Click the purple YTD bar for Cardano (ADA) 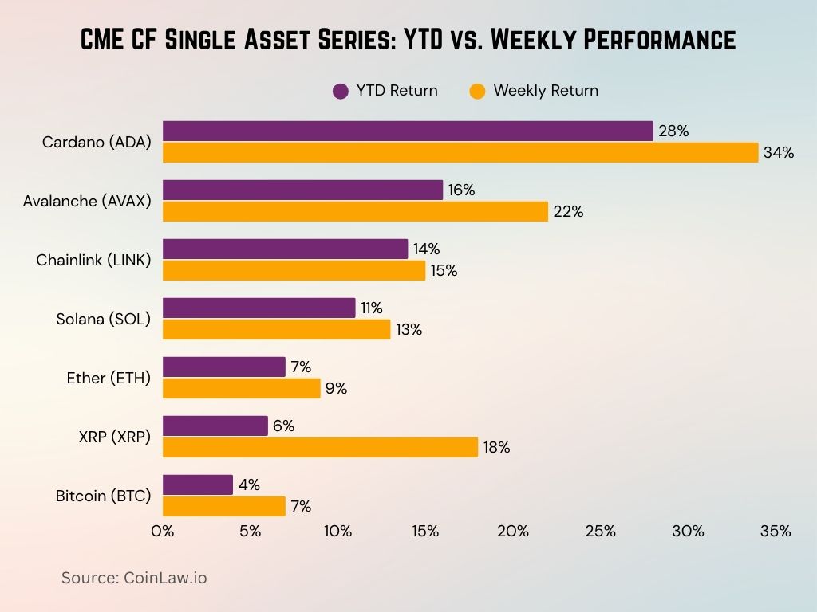pos(408,131)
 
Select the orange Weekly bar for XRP pos(320,447)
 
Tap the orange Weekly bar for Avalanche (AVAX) pos(355,211)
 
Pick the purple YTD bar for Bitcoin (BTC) pos(198,484)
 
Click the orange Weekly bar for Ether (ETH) pos(242,388)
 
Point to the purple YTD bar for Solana pos(259,308)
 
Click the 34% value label pos(778,153)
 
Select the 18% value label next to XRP pos(497,448)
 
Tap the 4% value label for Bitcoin pos(249,484)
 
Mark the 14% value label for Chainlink pos(427,249)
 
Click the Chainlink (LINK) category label pos(93,260)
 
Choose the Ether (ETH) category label pos(109,378)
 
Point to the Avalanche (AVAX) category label pos(87,201)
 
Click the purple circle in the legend pos(341,91)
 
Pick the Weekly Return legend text pos(546,91)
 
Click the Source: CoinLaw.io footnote pos(134,578)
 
